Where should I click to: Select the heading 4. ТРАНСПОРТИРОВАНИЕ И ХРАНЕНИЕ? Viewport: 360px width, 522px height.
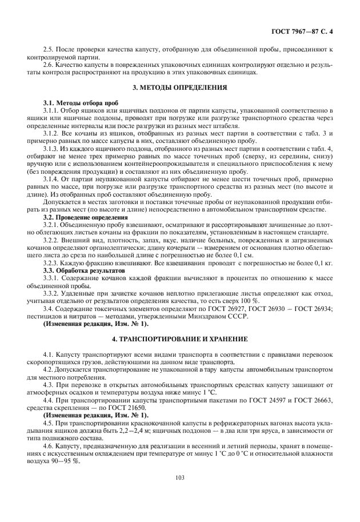click(x=180, y=339)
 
